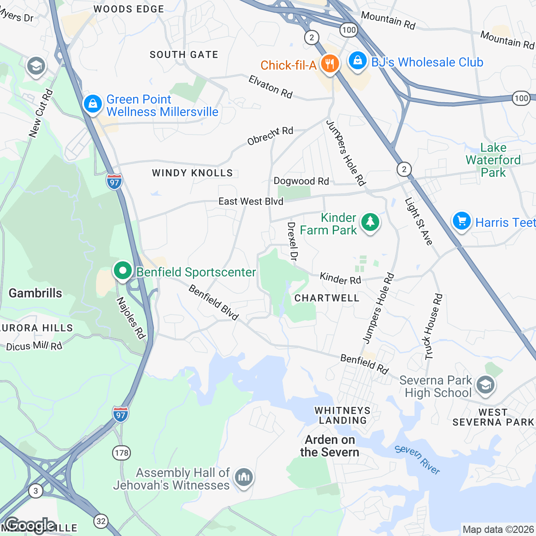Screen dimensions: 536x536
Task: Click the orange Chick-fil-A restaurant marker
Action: [x=329, y=64]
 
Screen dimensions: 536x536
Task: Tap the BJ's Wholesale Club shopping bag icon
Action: [x=357, y=61]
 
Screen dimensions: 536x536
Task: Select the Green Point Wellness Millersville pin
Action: [x=92, y=104]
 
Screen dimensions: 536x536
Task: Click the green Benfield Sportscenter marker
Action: [x=122, y=271]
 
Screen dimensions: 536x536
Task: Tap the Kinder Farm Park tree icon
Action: [x=370, y=222]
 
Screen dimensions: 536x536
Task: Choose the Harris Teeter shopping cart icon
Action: [x=461, y=221]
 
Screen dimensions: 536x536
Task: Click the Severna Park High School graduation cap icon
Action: [x=485, y=385]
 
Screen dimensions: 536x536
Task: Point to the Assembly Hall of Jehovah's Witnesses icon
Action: [x=243, y=477]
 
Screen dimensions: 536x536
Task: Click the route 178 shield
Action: [x=121, y=453]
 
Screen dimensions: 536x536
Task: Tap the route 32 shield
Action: [x=101, y=521]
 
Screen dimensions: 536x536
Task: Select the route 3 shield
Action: [x=36, y=491]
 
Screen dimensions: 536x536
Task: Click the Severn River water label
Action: [x=418, y=460]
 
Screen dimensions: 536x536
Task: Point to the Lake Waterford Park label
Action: [x=493, y=160]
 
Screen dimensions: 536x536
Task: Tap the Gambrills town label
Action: [x=35, y=293]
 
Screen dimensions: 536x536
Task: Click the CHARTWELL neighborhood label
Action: [x=327, y=298]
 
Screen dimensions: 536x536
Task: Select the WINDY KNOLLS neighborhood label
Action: [x=193, y=173]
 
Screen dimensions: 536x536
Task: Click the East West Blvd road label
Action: [x=251, y=201]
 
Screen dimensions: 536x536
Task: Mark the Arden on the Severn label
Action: [x=330, y=446]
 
